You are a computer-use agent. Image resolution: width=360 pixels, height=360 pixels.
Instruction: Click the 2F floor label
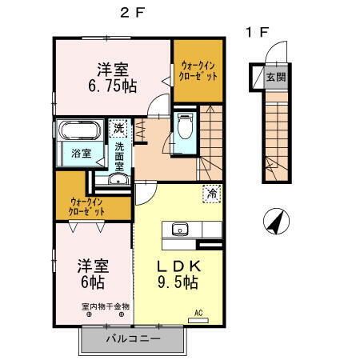click(132, 13)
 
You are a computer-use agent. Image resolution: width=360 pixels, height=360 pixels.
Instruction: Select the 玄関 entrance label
click(275, 78)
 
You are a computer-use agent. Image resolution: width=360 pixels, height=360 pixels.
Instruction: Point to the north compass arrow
click(274, 221)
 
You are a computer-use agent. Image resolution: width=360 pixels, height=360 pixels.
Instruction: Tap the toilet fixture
click(184, 126)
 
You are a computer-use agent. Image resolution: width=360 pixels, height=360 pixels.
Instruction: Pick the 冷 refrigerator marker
click(212, 193)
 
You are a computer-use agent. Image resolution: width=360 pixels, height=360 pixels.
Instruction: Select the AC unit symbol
click(197, 318)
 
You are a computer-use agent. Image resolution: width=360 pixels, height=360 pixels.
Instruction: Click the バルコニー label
click(134, 339)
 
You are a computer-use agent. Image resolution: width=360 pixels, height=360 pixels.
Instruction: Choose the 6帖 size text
click(92, 282)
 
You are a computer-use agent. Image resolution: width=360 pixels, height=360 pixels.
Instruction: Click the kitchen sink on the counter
click(178, 230)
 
